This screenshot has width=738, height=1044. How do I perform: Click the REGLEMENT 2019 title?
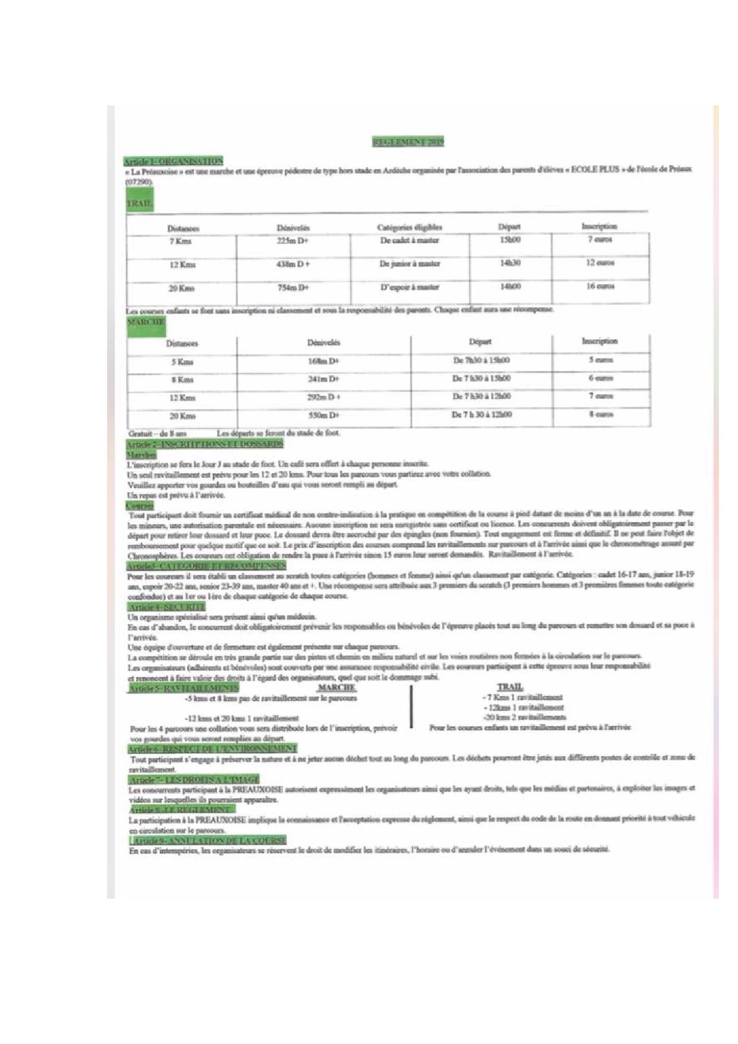pos(408,142)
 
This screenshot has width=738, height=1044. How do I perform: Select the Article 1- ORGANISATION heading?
pos(173,161)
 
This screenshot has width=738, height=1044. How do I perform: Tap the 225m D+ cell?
pos(293,241)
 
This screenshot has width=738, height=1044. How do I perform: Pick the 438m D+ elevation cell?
pos(293,264)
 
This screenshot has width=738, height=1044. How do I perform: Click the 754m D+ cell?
pos(293,288)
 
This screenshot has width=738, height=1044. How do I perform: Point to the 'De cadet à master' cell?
pos(409,240)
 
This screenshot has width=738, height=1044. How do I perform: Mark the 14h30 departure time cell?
pos(510,263)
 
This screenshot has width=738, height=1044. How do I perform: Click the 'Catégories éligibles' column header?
pos(409,227)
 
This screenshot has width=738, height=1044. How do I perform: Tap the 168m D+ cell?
pos(323,361)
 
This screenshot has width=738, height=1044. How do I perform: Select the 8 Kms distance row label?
pos(182,380)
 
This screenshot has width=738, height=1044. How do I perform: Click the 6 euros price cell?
pos(601,379)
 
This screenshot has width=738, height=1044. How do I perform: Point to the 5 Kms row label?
pos(182,362)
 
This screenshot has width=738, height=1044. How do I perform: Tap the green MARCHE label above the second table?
pos(146,322)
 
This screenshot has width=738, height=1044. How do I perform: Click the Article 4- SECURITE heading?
pos(158,607)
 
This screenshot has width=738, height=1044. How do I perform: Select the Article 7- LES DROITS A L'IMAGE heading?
pos(193,780)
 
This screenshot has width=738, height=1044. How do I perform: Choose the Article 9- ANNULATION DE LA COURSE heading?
pos(208,840)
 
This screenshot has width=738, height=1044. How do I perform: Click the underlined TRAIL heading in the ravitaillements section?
pos(510,687)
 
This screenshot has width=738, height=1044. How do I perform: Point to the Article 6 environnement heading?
pos(212,748)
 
